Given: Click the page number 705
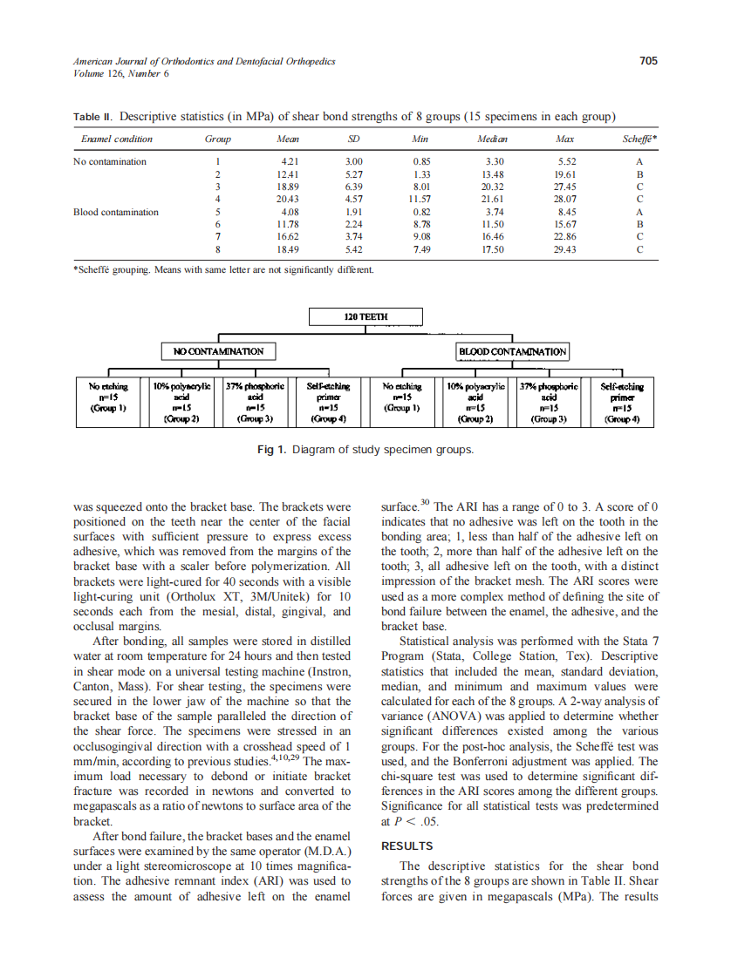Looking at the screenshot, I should tap(647, 61).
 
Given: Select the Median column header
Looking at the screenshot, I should tap(493, 139).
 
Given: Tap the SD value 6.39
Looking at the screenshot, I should tap(354, 187).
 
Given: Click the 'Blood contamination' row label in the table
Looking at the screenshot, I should tap(116, 212).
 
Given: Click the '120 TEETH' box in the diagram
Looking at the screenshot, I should tap(365, 316).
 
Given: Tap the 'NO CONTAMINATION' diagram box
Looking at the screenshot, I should tap(219, 351).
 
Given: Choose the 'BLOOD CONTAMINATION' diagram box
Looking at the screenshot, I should tap(512, 351).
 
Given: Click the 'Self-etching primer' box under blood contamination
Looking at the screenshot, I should tap(622, 402).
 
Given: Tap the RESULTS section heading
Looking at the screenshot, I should tap(406, 846).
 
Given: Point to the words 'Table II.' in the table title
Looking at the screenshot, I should tap(93, 117).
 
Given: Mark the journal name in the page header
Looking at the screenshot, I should tap(204, 62).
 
